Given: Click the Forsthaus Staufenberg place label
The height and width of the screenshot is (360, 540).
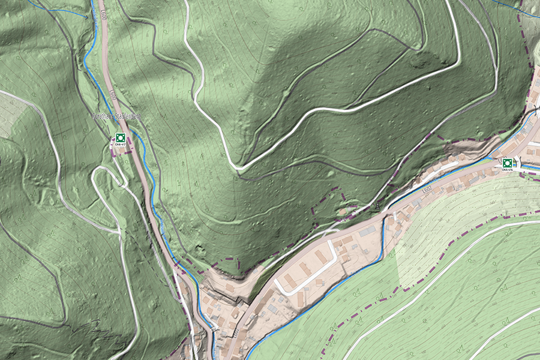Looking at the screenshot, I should click(116, 116).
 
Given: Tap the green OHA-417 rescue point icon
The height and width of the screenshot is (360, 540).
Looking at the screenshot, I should click(120, 137).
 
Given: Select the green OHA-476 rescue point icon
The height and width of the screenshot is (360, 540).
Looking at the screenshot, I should click(508, 162).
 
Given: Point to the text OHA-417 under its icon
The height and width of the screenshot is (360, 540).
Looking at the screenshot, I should click(120, 145).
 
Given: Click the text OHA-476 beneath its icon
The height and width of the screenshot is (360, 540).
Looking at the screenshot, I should click(508, 170).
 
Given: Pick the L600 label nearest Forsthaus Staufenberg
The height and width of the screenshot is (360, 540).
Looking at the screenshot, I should click(112, 95).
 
